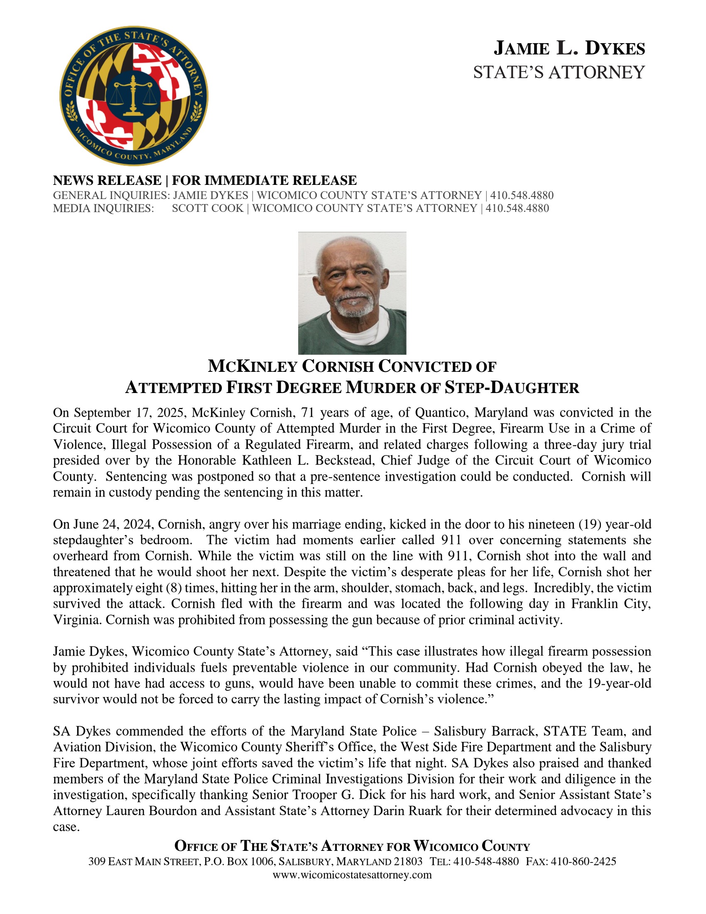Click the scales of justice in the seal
[133, 96]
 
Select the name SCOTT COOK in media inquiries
[208, 209]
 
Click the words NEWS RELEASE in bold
[107, 180]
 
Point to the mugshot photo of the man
[352, 293]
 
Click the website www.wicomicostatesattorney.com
[352, 875]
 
